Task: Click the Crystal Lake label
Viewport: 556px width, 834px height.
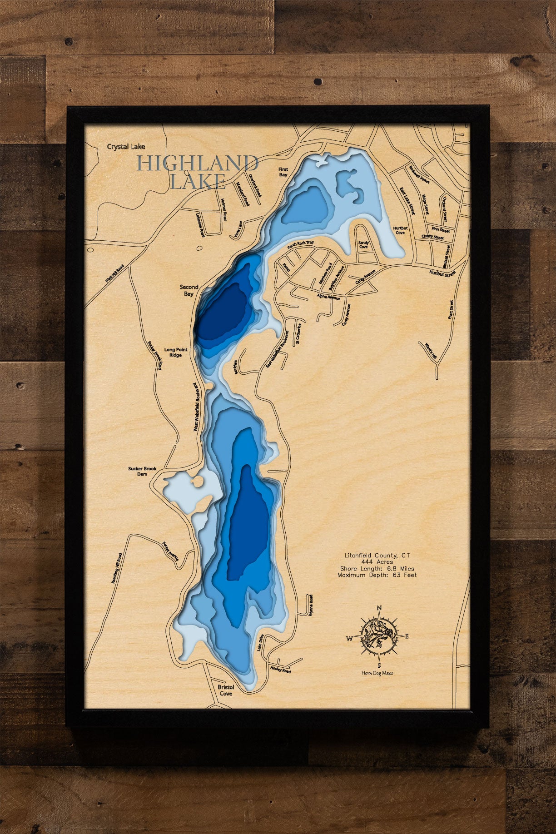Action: tap(126, 147)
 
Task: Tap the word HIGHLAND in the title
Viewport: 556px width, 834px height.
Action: tap(198, 164)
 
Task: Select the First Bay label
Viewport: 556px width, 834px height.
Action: tap(283, 172)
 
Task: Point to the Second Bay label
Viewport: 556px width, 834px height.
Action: tap(189, 290)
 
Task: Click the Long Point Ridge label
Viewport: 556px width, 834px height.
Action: tap(176, 352)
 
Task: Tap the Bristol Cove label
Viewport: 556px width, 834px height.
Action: tap(226, 690)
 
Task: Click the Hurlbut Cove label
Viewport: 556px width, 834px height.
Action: tap(400, 230)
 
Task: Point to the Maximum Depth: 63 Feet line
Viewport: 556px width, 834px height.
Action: tap(377, 575)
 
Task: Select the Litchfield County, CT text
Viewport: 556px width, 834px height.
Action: tap(377, 555)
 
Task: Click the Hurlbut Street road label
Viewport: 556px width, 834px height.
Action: tap(442, 273)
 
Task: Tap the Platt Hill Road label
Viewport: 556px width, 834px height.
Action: tap(114, 273)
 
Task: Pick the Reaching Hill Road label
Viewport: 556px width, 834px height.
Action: tap(117, 568)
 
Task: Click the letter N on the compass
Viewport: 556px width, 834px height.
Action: tap(379, 608)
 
